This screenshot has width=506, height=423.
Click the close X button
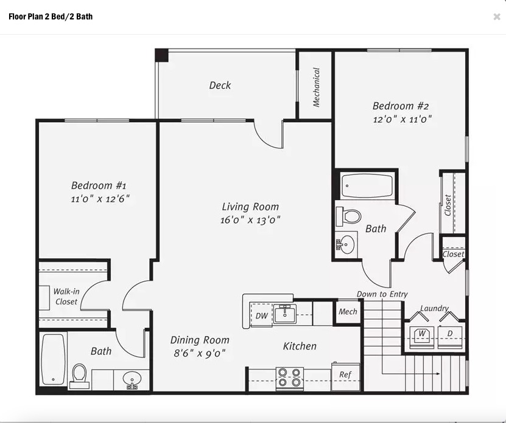[x=497, y=17]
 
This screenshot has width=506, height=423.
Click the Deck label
[x=220, y=85]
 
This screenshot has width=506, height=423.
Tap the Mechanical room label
[x=316, y=87]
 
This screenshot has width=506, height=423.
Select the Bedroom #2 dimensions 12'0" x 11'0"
[x=402, y=120]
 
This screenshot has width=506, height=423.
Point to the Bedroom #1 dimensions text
[x=100, y=199]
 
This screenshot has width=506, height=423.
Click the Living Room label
[x=250, y=207]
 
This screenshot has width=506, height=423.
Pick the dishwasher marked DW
[x=261, y=315]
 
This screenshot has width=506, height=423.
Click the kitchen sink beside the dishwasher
[x=284, y=314]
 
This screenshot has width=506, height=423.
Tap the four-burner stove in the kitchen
[x=289, y=378]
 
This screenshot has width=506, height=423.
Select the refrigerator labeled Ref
[x=346, y=377]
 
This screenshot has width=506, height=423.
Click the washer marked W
[x=421, y=337]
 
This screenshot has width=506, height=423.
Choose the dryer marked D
[x=450, y=337]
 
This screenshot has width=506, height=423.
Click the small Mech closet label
[x=348, y=312]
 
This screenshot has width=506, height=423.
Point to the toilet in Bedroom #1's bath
[x=79, y=376]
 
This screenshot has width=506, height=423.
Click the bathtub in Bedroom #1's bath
[x=53, y=359]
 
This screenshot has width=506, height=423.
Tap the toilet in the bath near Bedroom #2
[x=348, y=216]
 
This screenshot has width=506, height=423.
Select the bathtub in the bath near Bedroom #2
[x=367, y=186]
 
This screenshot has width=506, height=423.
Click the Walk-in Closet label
[x=66, y=297]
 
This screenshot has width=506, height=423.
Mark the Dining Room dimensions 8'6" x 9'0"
[x=200, y=354]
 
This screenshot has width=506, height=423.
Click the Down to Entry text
[x=382, y=294]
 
